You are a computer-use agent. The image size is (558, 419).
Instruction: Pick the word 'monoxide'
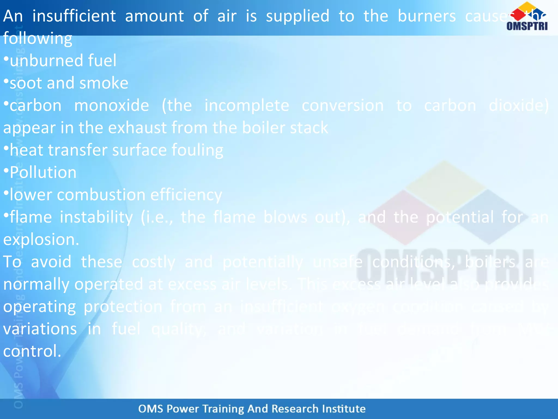click(x=111, y=106)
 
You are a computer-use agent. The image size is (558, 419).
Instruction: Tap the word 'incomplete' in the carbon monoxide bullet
click(x=247, y=106)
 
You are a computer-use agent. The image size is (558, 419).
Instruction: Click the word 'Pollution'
click(x=43, y=173)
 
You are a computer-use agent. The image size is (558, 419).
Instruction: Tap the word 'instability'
click(x=96, y=217)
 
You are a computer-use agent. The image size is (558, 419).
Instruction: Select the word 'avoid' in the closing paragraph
click(x=51, y=262)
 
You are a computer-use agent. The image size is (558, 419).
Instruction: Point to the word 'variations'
click(x=40, y=329)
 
